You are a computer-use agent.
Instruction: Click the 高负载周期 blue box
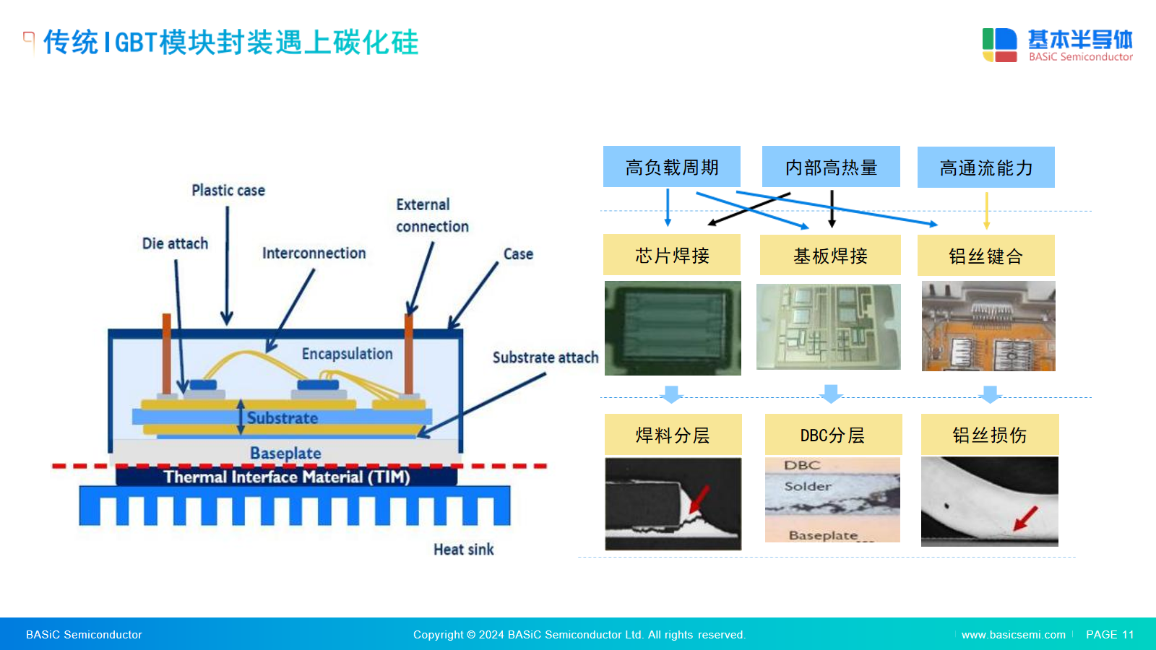coord(671,167)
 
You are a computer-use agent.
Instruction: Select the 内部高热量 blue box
coord(831,167)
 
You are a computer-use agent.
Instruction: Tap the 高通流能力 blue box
coord(985,167)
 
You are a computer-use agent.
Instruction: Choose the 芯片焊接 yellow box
coord(671,255)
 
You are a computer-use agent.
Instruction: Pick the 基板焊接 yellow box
coord(830,256)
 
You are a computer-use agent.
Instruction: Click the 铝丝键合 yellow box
coord(985,256)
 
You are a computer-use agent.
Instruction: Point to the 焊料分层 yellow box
coord(673,434)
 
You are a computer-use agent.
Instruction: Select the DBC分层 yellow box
coord(834,434)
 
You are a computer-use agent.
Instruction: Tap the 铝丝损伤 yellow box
coord(990,434)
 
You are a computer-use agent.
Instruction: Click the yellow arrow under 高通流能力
coord(987,211)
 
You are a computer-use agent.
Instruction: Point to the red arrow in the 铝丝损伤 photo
coord(1025,519)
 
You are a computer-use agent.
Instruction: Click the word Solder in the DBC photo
coord(808,486)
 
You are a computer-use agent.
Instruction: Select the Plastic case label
coord(228,191)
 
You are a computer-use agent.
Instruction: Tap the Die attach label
coord(175,243)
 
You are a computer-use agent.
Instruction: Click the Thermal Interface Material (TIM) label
coord(287,477)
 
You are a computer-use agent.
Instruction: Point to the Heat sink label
coord(463,550)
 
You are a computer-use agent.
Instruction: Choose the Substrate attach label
coord(545,357)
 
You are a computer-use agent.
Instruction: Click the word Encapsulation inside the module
coord(348,354)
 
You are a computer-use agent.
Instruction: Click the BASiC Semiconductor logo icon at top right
coord(1000,45)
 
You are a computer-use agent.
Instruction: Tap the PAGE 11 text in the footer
coord(1110,635)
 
